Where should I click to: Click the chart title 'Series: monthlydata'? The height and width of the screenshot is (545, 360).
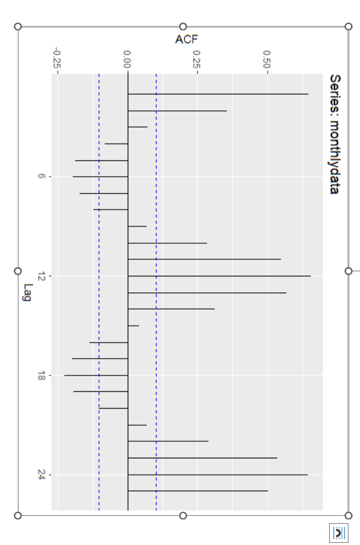pyautogui.click(x=334, y=134)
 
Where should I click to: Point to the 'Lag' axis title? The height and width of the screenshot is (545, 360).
pyautogui.click(x=27, y=292)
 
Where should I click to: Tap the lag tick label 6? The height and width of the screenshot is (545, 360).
pyautogui.click(x=41, y=177)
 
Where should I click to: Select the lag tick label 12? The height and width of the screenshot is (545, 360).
pyautogui.click(x=41, y=276)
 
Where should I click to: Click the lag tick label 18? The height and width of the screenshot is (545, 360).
pyautogui.click(x=41, y=376)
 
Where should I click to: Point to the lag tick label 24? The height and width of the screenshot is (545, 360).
pyautogui.click(x=41, y=475)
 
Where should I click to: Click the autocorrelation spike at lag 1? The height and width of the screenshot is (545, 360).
pyautogui.click(x=218, y=94)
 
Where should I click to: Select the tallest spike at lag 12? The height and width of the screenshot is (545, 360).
pyautogui.click(x=219, y=276)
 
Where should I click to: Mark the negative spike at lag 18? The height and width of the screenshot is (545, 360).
pyautogui.click(x=96, y=376)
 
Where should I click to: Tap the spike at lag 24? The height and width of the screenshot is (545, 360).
pyautogui.click(x=217, y=475)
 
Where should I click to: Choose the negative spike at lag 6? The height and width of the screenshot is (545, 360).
pyautogui.click(x=101, y=177)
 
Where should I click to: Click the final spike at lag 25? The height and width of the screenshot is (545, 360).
pyautogui.click(x=198, y=491)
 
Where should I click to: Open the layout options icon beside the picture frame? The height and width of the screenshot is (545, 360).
pyautogui.click(x=339, y=533)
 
